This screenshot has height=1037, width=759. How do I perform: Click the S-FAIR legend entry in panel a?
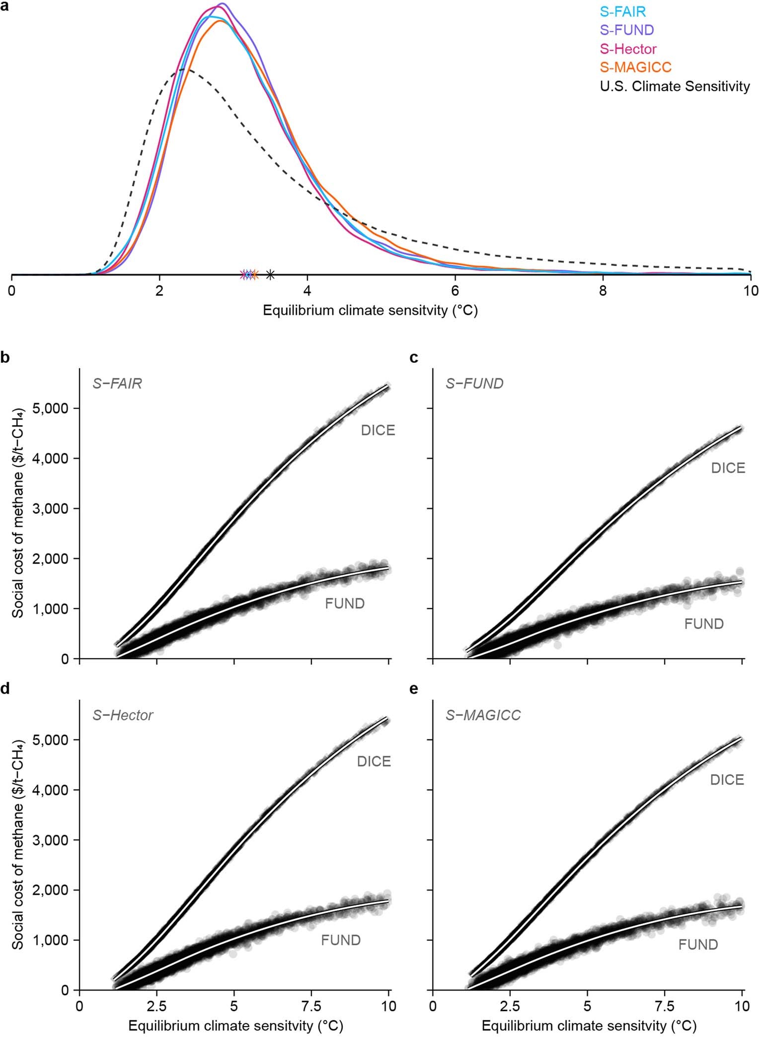coord(622,11)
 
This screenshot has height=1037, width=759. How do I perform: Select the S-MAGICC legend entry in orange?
coord(635,67)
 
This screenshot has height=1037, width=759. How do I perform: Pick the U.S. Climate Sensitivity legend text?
coord(675,86)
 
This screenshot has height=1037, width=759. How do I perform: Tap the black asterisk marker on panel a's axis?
coord(270,274)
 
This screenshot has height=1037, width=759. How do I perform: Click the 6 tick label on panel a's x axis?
coord(455,290)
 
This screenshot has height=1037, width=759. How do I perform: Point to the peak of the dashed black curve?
coord(183,69)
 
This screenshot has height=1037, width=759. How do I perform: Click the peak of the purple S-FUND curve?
coord(222,4)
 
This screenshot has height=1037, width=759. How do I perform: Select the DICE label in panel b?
coord(378,430)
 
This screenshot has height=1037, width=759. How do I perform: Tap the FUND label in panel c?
coord(703,623)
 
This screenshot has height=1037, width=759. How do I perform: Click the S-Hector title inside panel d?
coord(123,715)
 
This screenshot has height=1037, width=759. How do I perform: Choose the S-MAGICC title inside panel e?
coord(483,715)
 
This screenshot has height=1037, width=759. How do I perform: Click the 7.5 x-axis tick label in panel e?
coord(665,1006)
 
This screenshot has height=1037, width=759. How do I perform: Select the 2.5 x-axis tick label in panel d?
coord(156,1006)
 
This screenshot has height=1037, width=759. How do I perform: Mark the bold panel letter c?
coord(413,357)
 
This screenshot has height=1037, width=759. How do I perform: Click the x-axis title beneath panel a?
coord(370,311)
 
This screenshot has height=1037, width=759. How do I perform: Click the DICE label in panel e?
coord(727,779)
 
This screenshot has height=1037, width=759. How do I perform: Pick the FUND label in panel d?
coord(340,940)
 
